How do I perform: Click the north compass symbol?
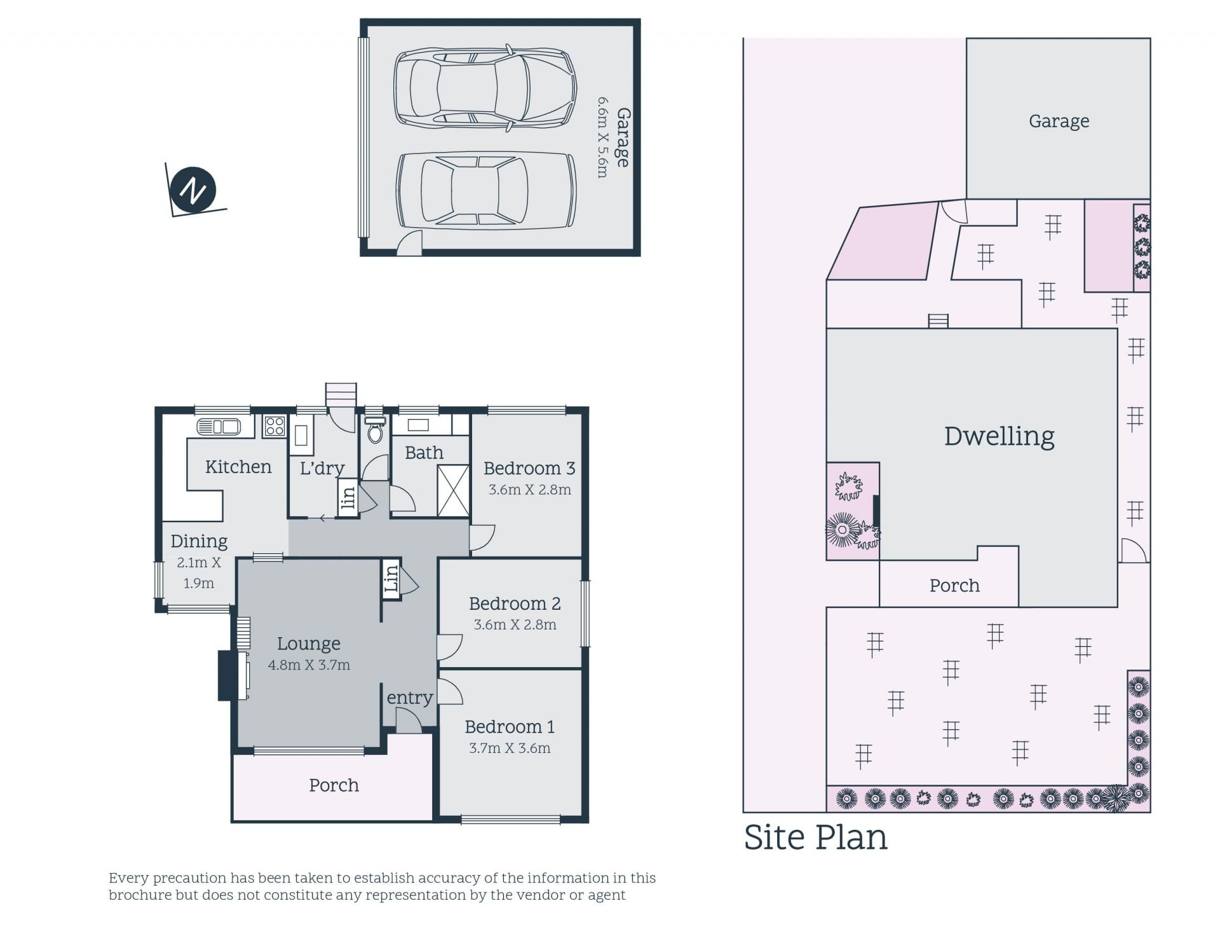tap(194, 189)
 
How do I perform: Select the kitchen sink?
tap(219, 427)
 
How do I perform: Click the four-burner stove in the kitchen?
tap(274, 425)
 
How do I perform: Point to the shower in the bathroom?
tap(453, 490)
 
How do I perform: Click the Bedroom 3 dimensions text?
tap(530, 490)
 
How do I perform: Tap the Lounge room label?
tap(309, 644)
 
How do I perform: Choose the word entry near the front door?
tap(410, 698)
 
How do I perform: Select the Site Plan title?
tap(815, 837)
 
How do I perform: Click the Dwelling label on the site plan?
tap(999, 436)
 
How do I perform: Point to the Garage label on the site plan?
tap(1059, 121)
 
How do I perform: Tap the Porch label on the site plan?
tap(954, 585)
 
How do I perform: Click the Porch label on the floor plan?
tap(334, 785)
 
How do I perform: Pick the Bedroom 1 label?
tap(510, 726)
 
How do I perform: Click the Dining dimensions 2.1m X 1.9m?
tap(199, 572)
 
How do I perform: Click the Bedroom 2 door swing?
tap(449, 647)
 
